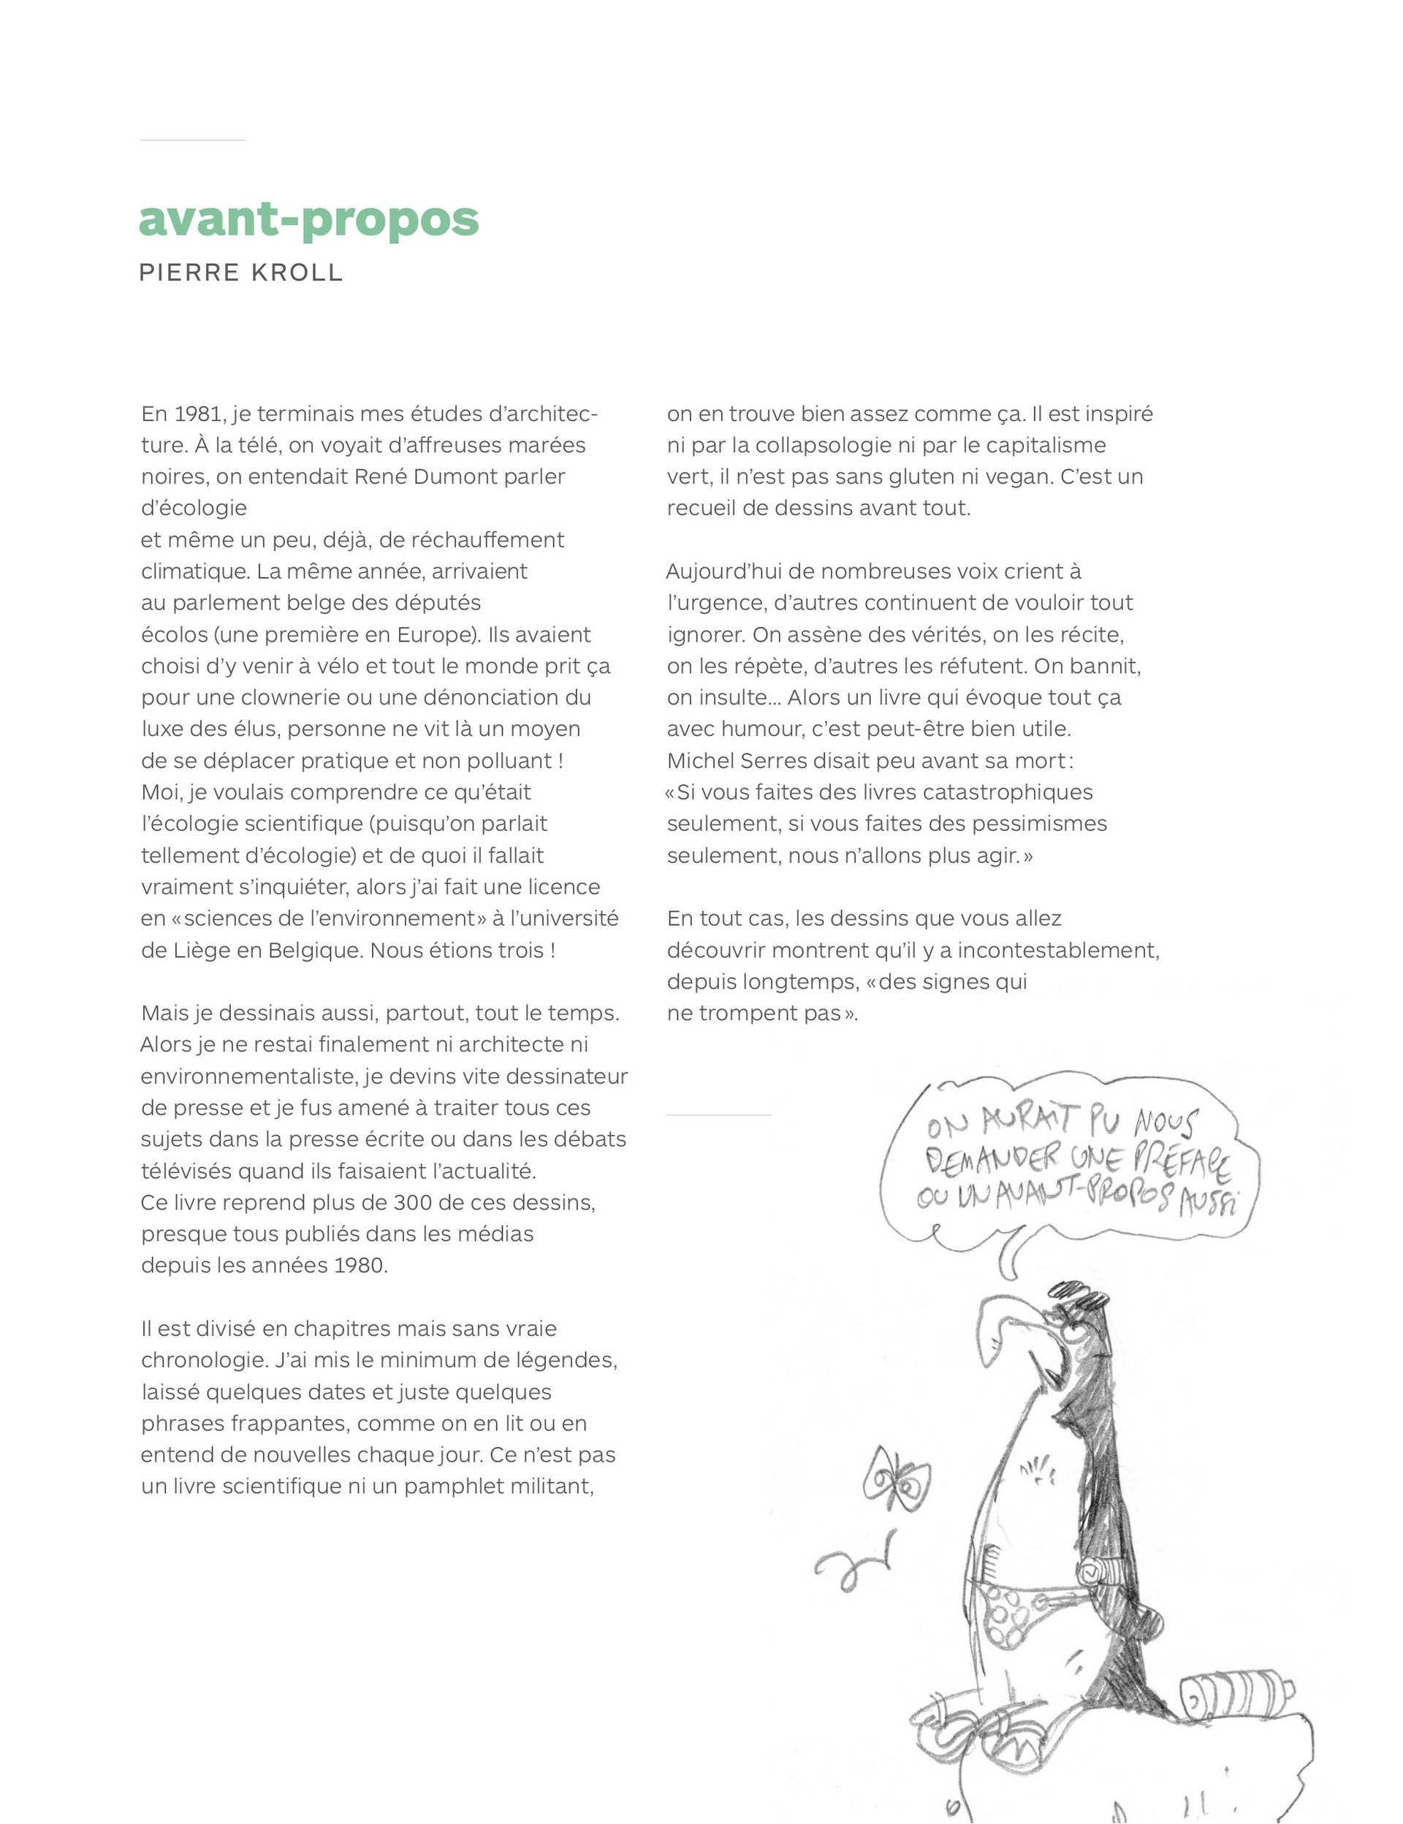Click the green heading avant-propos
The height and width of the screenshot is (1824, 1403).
click(308, 220)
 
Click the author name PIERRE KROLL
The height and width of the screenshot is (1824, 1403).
click(240, 273)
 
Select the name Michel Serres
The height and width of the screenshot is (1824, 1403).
click(725, 761)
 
